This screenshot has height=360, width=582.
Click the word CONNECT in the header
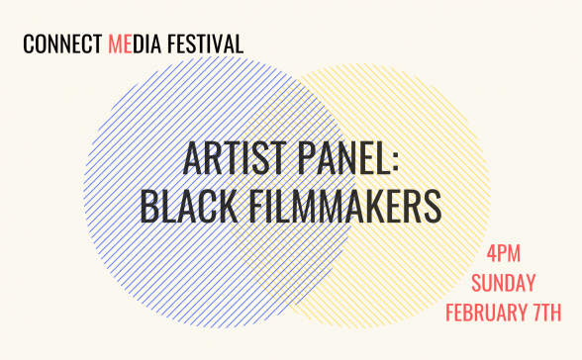pyautogui.click(x=62, y=45)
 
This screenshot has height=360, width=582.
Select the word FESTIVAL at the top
pyautogui.click(x=209, y=45)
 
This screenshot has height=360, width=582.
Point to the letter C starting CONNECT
pyautogui.click(x=27, y=45)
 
